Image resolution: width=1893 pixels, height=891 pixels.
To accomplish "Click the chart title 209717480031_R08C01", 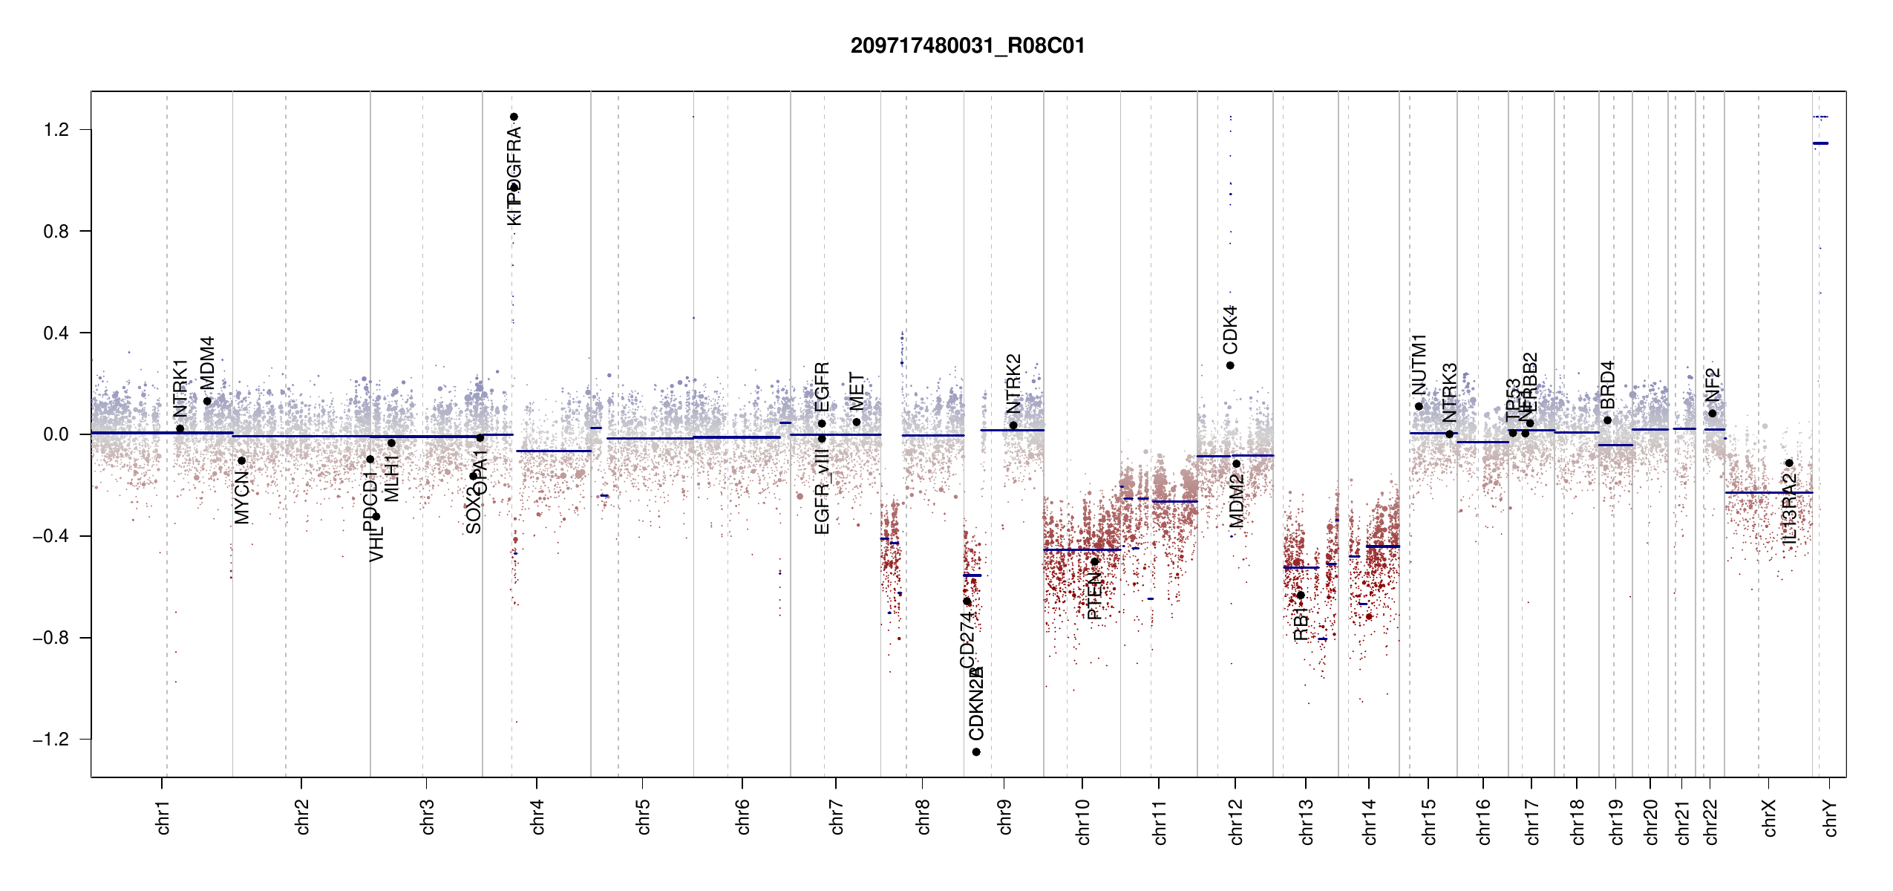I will point(967,46).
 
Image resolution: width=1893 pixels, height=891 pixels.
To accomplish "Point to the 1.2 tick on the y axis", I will point(56,130).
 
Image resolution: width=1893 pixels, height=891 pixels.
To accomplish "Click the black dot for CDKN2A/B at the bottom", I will point(976,752).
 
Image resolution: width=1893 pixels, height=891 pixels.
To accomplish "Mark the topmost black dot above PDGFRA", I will point(514,117).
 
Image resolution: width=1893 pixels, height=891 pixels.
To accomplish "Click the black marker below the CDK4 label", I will point(1230,365).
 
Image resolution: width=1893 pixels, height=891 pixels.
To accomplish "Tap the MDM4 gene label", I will point(208,362).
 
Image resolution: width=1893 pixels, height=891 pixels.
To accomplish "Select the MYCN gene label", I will point(242,497).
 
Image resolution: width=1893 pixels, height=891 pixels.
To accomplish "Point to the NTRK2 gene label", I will point(1013,384).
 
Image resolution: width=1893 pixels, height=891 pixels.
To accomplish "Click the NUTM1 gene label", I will point(1419,365).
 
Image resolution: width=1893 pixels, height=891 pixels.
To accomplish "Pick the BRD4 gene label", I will point(1607,385).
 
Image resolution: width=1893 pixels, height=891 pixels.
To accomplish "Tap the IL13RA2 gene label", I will point(1789,509).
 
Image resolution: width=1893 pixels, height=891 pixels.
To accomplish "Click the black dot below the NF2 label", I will point(1713,414).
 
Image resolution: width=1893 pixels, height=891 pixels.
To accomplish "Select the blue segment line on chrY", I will point(1820,143).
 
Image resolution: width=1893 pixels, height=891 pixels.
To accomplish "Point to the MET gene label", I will point(857,391).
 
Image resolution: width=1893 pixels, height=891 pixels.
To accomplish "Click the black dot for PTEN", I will point(1094,561).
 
